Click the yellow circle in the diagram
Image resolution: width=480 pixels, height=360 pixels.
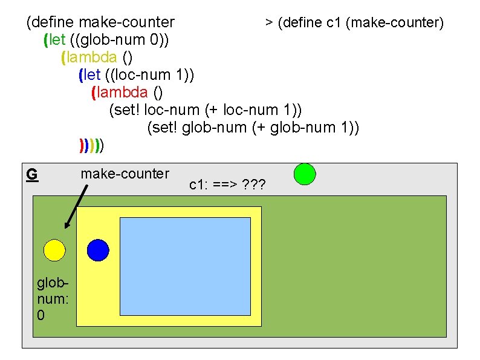pos(54,249)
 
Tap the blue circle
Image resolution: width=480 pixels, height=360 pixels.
pos(98,249)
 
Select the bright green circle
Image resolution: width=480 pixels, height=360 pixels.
pos(305,174)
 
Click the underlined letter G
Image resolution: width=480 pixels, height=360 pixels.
pos(32,175)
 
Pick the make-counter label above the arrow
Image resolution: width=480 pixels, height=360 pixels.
pos(125,174)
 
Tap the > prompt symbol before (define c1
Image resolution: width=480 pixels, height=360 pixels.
pos(268,23)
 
